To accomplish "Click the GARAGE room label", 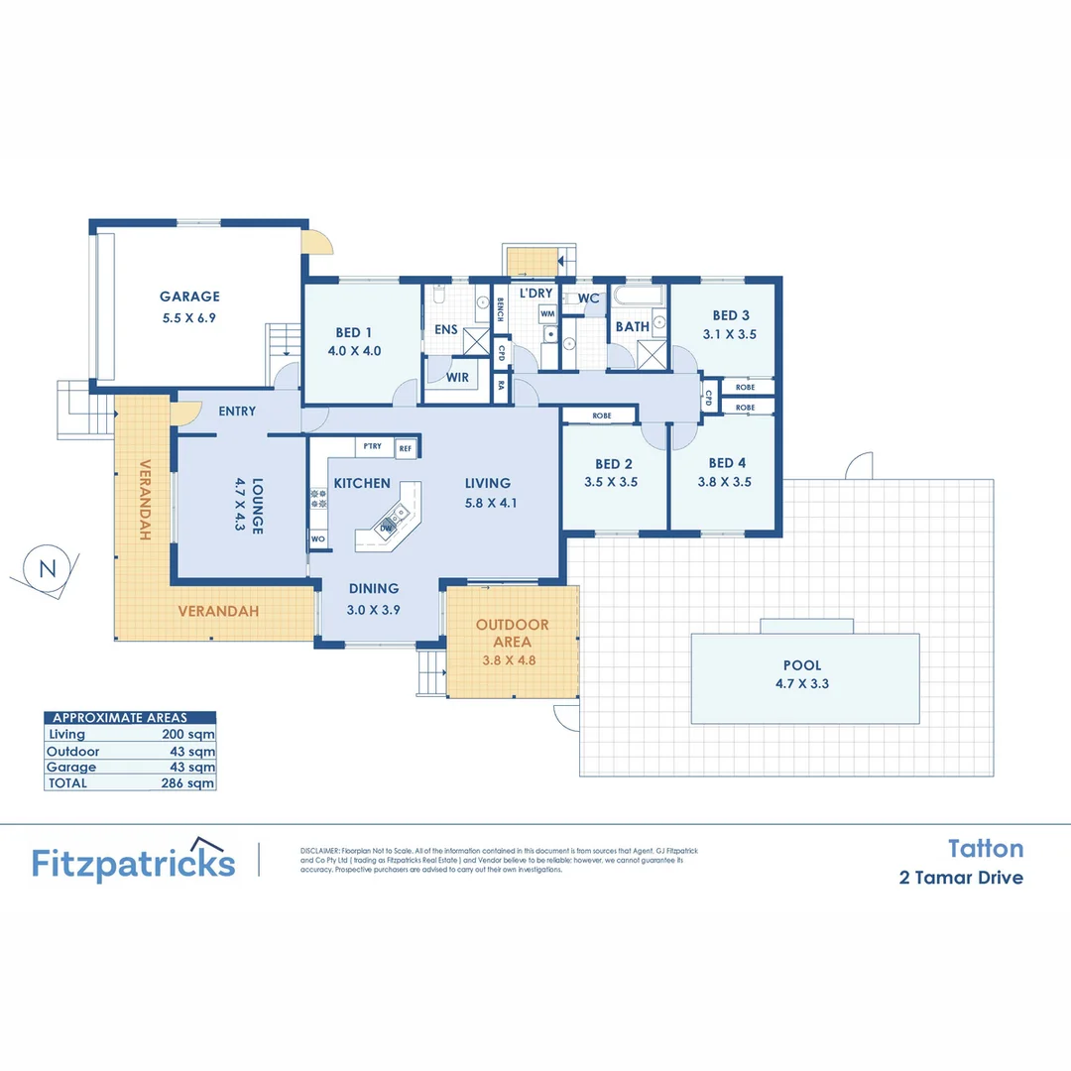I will pos(189,296).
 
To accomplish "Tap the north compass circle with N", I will pos(46,568).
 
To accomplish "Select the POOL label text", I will pos(802,665).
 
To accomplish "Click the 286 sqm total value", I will pos(187,782).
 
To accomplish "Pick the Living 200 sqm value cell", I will pos(187,735).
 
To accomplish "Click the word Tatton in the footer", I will pos(985,848).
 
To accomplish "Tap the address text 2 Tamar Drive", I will pos(961,878).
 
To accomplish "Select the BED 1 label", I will pos(354,332).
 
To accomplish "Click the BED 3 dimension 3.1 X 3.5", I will pos(729,334).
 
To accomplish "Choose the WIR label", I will pos(457,378).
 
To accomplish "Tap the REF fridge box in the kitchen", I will pos(405,448).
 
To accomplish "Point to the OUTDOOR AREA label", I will pos(512,633).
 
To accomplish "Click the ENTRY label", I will pos(236,411).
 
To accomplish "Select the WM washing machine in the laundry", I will pos(547,313).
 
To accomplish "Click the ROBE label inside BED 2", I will pos(601,416).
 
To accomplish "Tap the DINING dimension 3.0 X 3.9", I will pos(373,611).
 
